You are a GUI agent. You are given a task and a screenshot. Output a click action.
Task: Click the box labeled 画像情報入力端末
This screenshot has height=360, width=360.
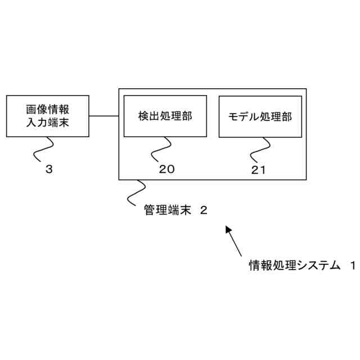point(47,116)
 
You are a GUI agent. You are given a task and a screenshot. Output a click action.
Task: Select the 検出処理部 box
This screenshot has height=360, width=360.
point(165,116)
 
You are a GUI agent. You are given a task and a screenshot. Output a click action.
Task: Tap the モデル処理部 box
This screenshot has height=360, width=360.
point(260,116)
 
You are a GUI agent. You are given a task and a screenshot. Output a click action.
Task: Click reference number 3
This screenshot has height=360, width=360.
point(49,169)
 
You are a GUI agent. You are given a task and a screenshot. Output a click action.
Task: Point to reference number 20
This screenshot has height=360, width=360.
point(167,169)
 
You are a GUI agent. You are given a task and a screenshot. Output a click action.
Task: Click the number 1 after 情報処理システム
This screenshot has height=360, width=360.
point(353,264)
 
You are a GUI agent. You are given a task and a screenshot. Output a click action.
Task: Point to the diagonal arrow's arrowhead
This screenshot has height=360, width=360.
point(228,229)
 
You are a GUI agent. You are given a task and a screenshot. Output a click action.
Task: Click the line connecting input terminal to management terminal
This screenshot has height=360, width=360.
point(103,116)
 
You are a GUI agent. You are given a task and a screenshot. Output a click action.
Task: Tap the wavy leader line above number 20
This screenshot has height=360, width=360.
point(161,149)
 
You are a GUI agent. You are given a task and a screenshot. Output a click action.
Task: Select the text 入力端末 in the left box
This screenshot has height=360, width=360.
point(47,123)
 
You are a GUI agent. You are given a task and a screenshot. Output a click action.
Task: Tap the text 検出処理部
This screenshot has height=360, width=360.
point(165,116)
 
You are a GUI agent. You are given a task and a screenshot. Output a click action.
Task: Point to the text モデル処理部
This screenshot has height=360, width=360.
point(260,117)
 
